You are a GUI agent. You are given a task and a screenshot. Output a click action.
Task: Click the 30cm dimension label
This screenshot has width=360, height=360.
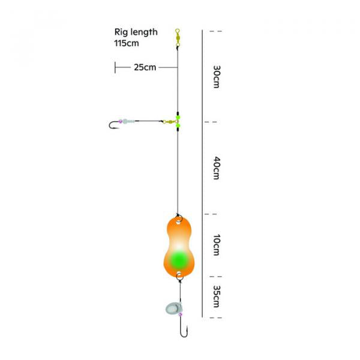click(216, 77)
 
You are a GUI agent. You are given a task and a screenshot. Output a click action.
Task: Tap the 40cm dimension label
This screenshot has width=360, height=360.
click(216, 168)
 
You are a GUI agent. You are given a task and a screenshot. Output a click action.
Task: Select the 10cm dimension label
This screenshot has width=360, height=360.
click(216, 245)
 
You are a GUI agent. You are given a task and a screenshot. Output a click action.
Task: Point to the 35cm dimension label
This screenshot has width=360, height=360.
click(216, 296)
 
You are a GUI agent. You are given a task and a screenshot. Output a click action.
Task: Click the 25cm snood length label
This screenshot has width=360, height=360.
click(145, 67)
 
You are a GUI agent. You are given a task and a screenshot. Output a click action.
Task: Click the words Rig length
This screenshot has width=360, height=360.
click(136, 32)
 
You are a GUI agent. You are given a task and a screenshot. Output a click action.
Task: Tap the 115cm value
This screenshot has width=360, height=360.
click(127, 43)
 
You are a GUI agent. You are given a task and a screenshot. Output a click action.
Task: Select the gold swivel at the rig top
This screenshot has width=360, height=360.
click(177, 38)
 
